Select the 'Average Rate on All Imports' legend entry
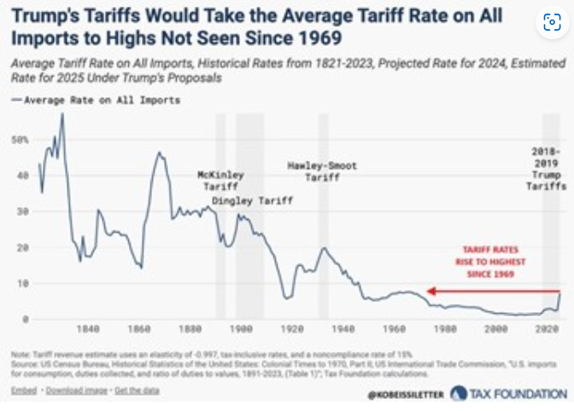(101, 100)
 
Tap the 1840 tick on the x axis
(88, 328)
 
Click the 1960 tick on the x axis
(394, 328)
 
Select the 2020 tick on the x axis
(548, 328)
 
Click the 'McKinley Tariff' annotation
(220, 181)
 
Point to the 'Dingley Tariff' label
(252, 201)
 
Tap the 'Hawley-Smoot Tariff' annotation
(322, 171)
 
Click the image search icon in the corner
(551, 24)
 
